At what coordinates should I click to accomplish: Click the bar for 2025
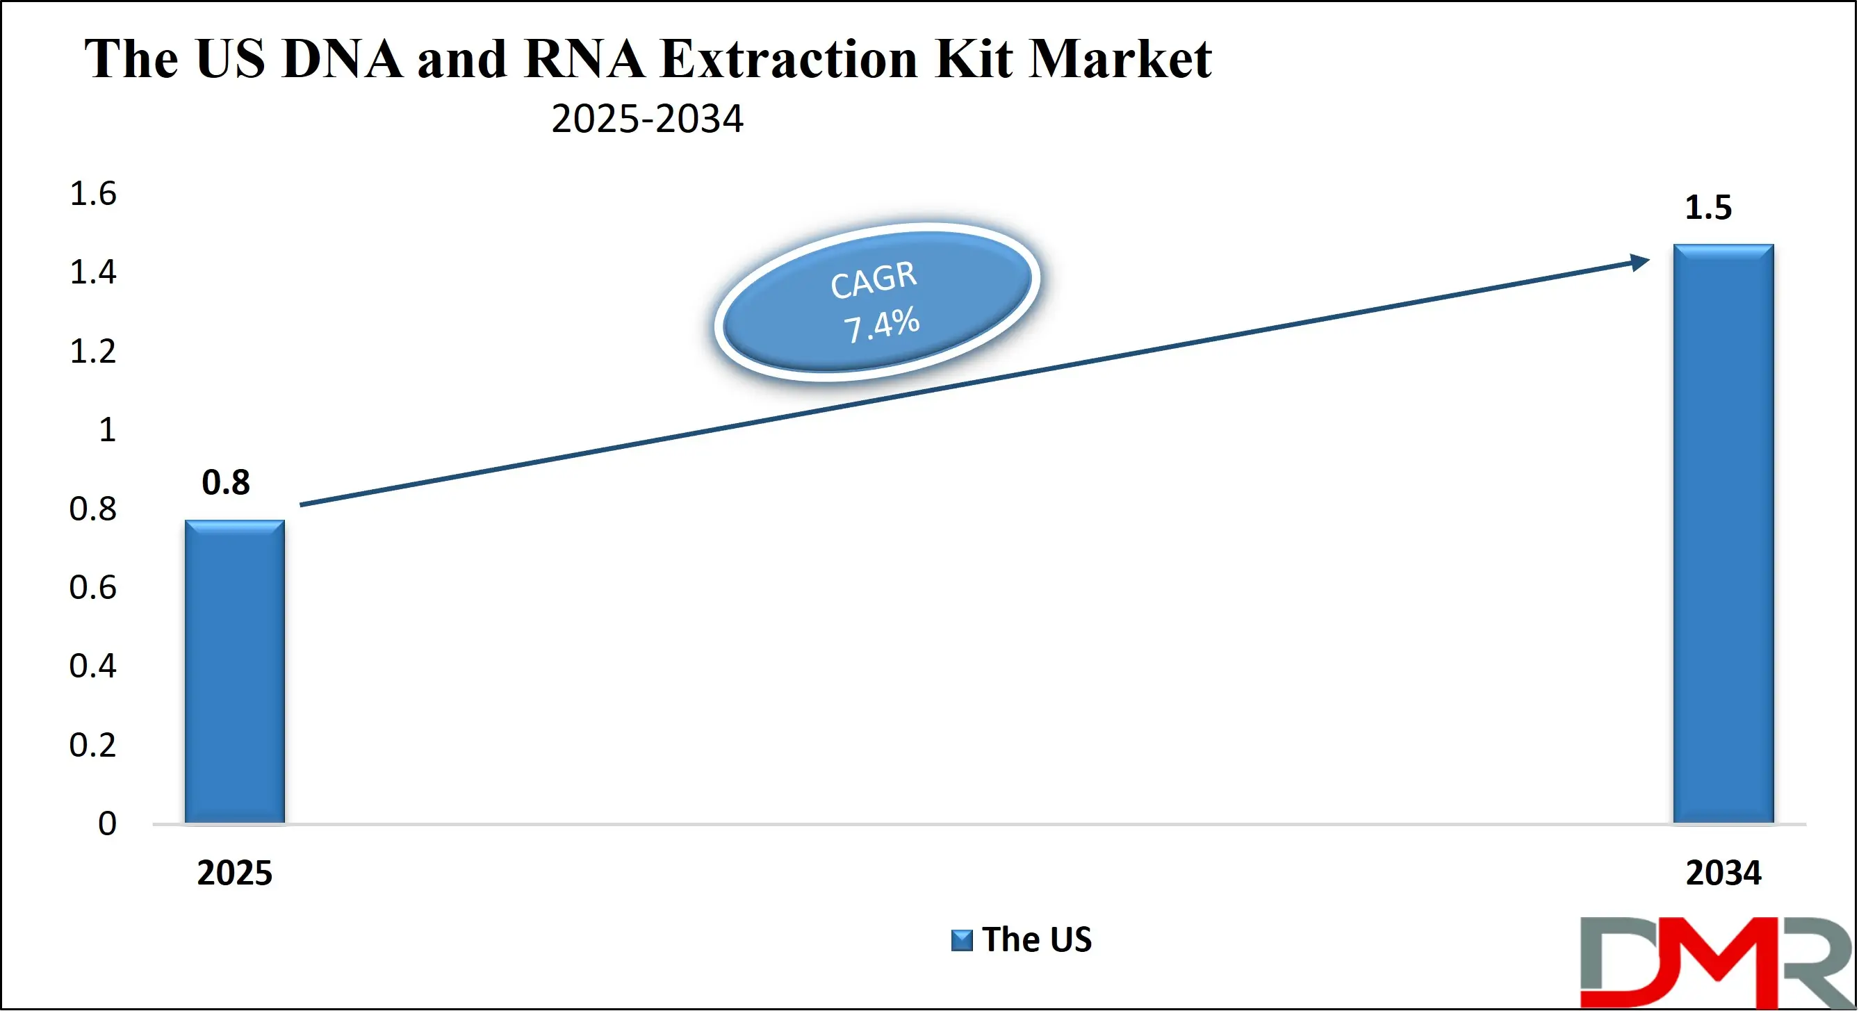[x=234, y=671]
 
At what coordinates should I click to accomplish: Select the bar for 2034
[x=1723, y=534]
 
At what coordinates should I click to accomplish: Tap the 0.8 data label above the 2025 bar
[x=226, y=482]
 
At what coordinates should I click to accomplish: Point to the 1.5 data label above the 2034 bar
[x=1708, y=208]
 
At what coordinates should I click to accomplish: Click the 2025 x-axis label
[x=234, y=873]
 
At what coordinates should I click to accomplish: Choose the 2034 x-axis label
[x=1723, y=873]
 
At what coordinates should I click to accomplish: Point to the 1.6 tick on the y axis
[x=92, y=194]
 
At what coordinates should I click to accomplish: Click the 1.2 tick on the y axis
[x=92, y=352]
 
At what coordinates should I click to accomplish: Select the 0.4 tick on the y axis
[x=92, y=666]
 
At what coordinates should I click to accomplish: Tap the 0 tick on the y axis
[x=107, y=823]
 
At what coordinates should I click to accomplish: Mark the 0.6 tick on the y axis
[x=92, y=587]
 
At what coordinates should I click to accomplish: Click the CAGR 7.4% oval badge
[x=876, y=301]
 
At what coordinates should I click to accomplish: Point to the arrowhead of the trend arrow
[x=1639, y=261]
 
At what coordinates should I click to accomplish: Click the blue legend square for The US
[x=961, y=940]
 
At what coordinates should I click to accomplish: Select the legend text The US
[x=1036, y=939]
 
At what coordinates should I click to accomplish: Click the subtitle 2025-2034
[x=646, y=119]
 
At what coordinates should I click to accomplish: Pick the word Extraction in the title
[x=789, y=59]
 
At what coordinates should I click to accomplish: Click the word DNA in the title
[x=342, y=59]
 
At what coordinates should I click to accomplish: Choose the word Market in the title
[x=1120, y=59]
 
